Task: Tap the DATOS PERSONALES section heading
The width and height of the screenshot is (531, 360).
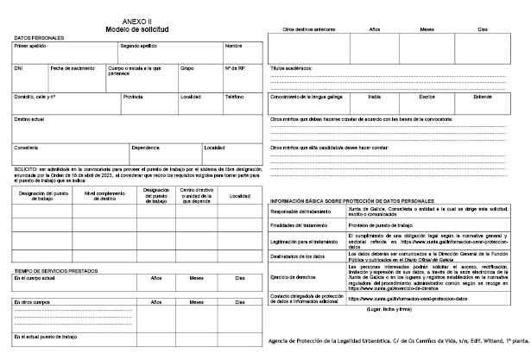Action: coord(40,39)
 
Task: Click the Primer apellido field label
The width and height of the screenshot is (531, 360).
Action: coord(32,46)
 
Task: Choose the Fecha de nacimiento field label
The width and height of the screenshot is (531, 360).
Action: coord(73,67)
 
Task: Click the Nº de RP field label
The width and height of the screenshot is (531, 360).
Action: coord(235,67)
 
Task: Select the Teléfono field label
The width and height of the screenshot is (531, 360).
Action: coord(236,97)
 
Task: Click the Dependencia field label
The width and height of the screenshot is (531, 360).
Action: coord(145,147)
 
